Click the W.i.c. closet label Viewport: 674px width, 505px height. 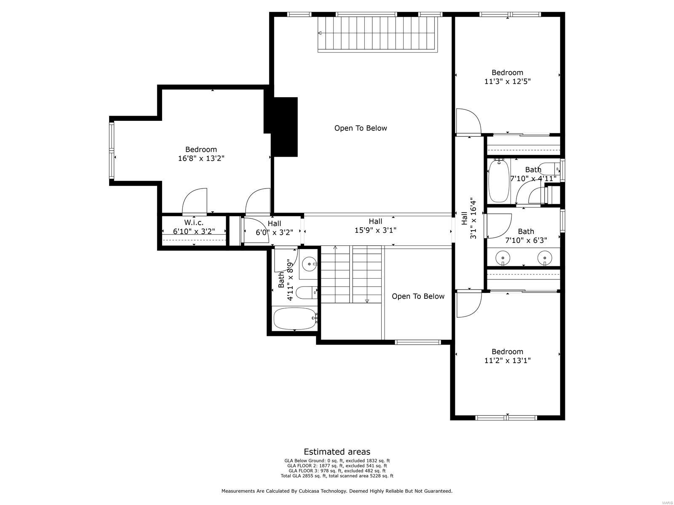click(x=194, y=223)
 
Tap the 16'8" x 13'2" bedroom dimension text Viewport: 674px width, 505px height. click(x=201, y=159)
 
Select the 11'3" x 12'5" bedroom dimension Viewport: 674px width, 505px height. click(x=507, y=82)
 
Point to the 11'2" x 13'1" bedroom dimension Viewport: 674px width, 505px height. click(x=507, y=361)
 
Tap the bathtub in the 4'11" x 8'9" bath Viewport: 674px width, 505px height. click(x=294, y=319)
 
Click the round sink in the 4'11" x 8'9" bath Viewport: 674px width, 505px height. click(x=309, y=264)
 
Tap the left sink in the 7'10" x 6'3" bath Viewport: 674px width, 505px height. click(x=503, y=257)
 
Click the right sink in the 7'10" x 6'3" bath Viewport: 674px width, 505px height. click(x=544, y=257)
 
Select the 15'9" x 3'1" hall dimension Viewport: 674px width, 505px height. click(x=375, y=230)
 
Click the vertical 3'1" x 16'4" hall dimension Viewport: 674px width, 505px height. click(x=473, y=218)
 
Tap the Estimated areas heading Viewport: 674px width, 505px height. click(x=337, y=452)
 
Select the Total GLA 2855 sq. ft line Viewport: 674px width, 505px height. click(x=337, y=476)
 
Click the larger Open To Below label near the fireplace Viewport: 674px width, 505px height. click(x=361, y=128)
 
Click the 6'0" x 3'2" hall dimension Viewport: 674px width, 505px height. click(x=274, y=232)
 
